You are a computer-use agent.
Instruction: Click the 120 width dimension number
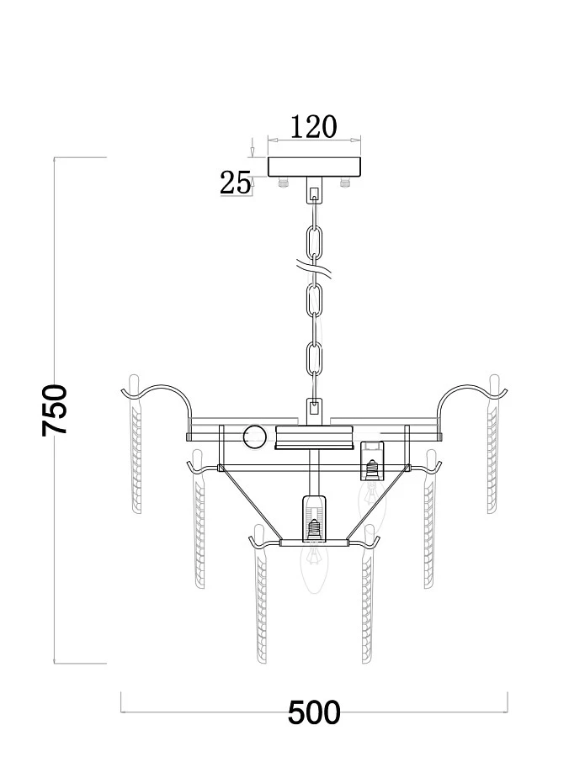(x=313, y=127)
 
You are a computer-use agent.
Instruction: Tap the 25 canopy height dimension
(x=236, y=183)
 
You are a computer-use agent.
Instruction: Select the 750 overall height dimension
(x=54, y=410)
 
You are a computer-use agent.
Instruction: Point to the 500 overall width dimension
(x=314, y=712)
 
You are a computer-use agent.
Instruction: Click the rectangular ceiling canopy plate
(x=315, y=167)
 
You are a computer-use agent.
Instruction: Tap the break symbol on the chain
(x=314, y=268)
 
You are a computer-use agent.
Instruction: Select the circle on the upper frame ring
(x=254, y=437)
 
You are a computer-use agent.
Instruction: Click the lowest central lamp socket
(x=315, y=518)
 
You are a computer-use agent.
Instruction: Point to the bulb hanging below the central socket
(x=314, y=567)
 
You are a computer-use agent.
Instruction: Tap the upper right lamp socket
(x=372, y=461)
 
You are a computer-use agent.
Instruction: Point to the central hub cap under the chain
(x=314, y=437)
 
